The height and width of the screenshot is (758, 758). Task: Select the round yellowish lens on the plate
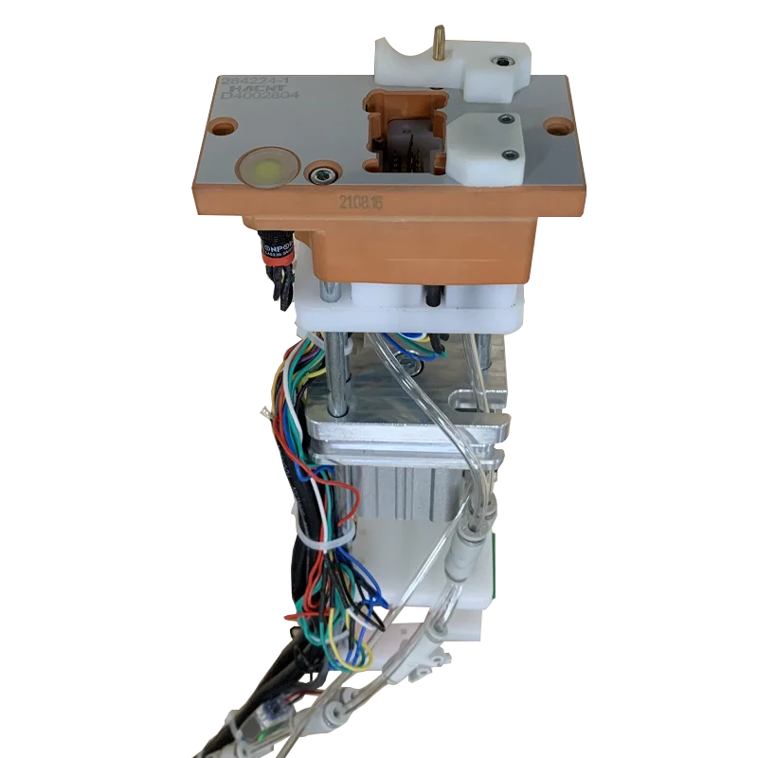click(266, 171)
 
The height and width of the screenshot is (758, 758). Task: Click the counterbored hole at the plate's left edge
click(224, 124)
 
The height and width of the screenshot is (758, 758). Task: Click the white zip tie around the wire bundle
click(322, 541)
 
